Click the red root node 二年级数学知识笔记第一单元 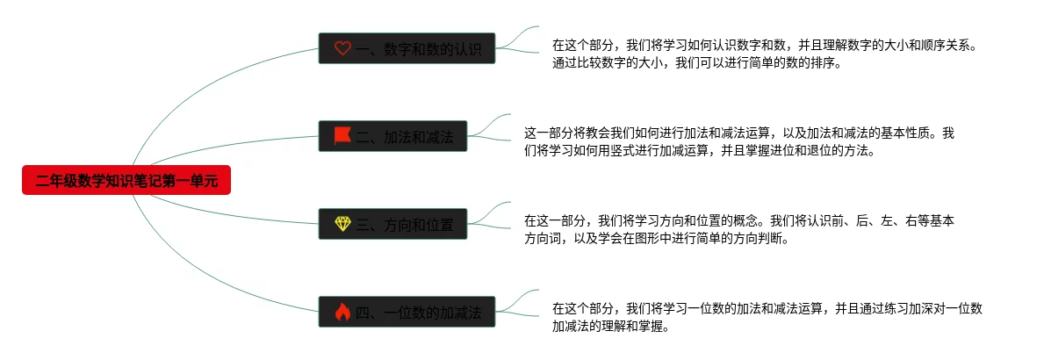(x=126, y=181)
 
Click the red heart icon (x=342, y=49)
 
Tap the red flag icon (x=342, y=136)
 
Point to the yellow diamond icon (x=342, y=224)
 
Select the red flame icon (x=342, y=312)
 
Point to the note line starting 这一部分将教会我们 (x=738, y=133)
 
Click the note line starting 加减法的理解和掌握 (x=611, y=327)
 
